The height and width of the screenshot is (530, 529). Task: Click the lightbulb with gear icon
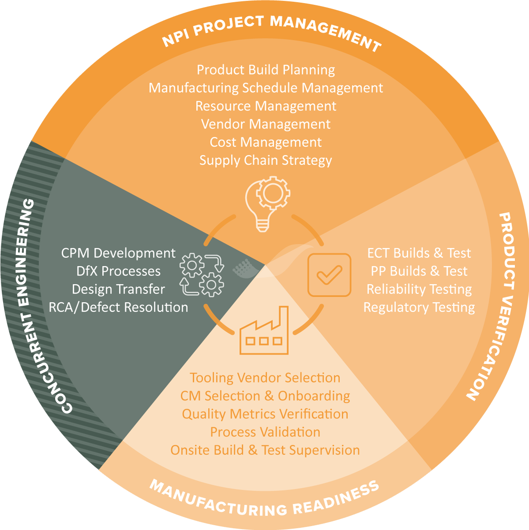click(268, 204)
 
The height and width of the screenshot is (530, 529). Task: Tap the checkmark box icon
click(329, 275)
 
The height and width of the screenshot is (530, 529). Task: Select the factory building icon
click(264, 330)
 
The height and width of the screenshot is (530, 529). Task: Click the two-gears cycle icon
click(202, 275)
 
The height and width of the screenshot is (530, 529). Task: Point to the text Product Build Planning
click(266, 70)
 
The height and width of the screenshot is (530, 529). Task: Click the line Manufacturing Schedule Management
click(266, 88)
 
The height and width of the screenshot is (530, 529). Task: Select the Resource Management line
click(266, 106)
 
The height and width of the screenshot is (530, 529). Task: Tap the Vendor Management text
click(266, 124)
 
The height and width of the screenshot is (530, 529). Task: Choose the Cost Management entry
click(266, 142)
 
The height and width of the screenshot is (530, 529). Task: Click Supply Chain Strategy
click(266, 160)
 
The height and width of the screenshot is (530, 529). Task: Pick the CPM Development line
click(118, 253)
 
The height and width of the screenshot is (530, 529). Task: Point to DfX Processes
click(118, 271)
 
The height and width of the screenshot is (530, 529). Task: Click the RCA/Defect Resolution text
click(118, 307)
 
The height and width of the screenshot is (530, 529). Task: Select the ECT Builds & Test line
click(419, 253)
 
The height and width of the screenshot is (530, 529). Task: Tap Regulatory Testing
click(419, 307)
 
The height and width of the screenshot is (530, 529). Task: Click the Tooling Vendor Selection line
click(265, 378)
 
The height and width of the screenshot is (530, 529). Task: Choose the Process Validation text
click(265, 432)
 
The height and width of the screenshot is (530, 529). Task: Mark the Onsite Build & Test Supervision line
click(265, 450)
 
